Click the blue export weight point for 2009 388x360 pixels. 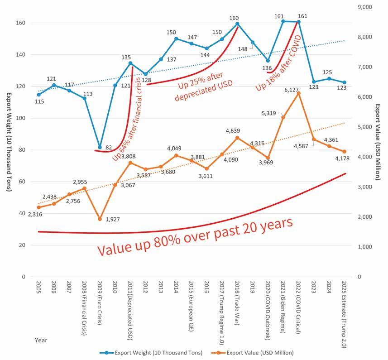coord(100,147)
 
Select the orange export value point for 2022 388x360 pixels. coord(298,93)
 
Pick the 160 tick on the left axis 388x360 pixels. coord(21,23)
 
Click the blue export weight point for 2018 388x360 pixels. coord(237,24)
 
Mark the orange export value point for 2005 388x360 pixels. coord(39,207)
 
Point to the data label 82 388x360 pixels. coord(109,148)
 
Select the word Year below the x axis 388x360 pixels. coord(41,339)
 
